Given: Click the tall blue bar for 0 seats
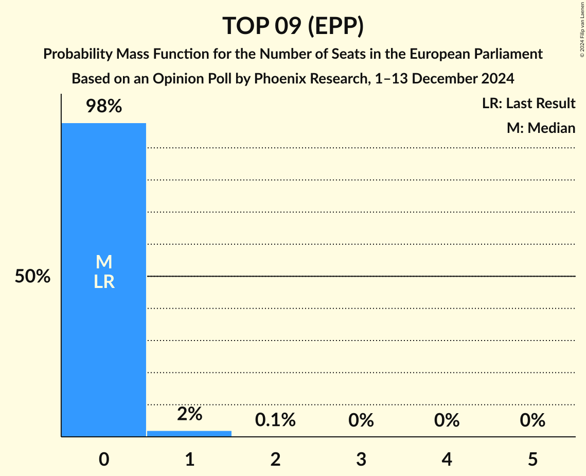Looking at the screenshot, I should click(x=103, y=335).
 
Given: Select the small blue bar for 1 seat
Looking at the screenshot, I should click(x=189, y=434).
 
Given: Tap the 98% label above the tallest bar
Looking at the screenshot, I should click(x=103, y=107).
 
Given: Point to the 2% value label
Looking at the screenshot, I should click(x=189, y=414).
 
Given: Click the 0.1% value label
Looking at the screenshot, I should click(x=275, y=420).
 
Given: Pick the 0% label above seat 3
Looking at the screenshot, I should click(x=361, y=420).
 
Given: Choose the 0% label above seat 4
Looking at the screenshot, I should click(x=447, y=420).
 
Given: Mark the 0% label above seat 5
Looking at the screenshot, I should click(x=532, y=420).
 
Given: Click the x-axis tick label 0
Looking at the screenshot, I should click(x=103, y=459).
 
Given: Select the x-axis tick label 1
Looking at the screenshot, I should click(x=189, y=459).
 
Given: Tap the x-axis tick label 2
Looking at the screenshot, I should click(x=275, y=459).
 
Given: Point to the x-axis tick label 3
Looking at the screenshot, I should click(x=361, y=459).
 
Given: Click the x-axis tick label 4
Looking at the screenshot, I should click(x=447, y=459).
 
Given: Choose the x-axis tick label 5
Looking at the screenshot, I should click(x=532, y=459).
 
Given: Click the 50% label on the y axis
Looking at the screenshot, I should click(x=32, y=277).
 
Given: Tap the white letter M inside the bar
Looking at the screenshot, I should click(x=103, y=262).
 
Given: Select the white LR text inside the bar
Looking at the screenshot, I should click(x=103, y=282).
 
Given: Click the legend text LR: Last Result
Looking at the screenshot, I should click(x=528, y=104).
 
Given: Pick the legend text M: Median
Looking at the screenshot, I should click(x=541, y=128).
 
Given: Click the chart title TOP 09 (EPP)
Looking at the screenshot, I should click(x=293, y=26).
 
